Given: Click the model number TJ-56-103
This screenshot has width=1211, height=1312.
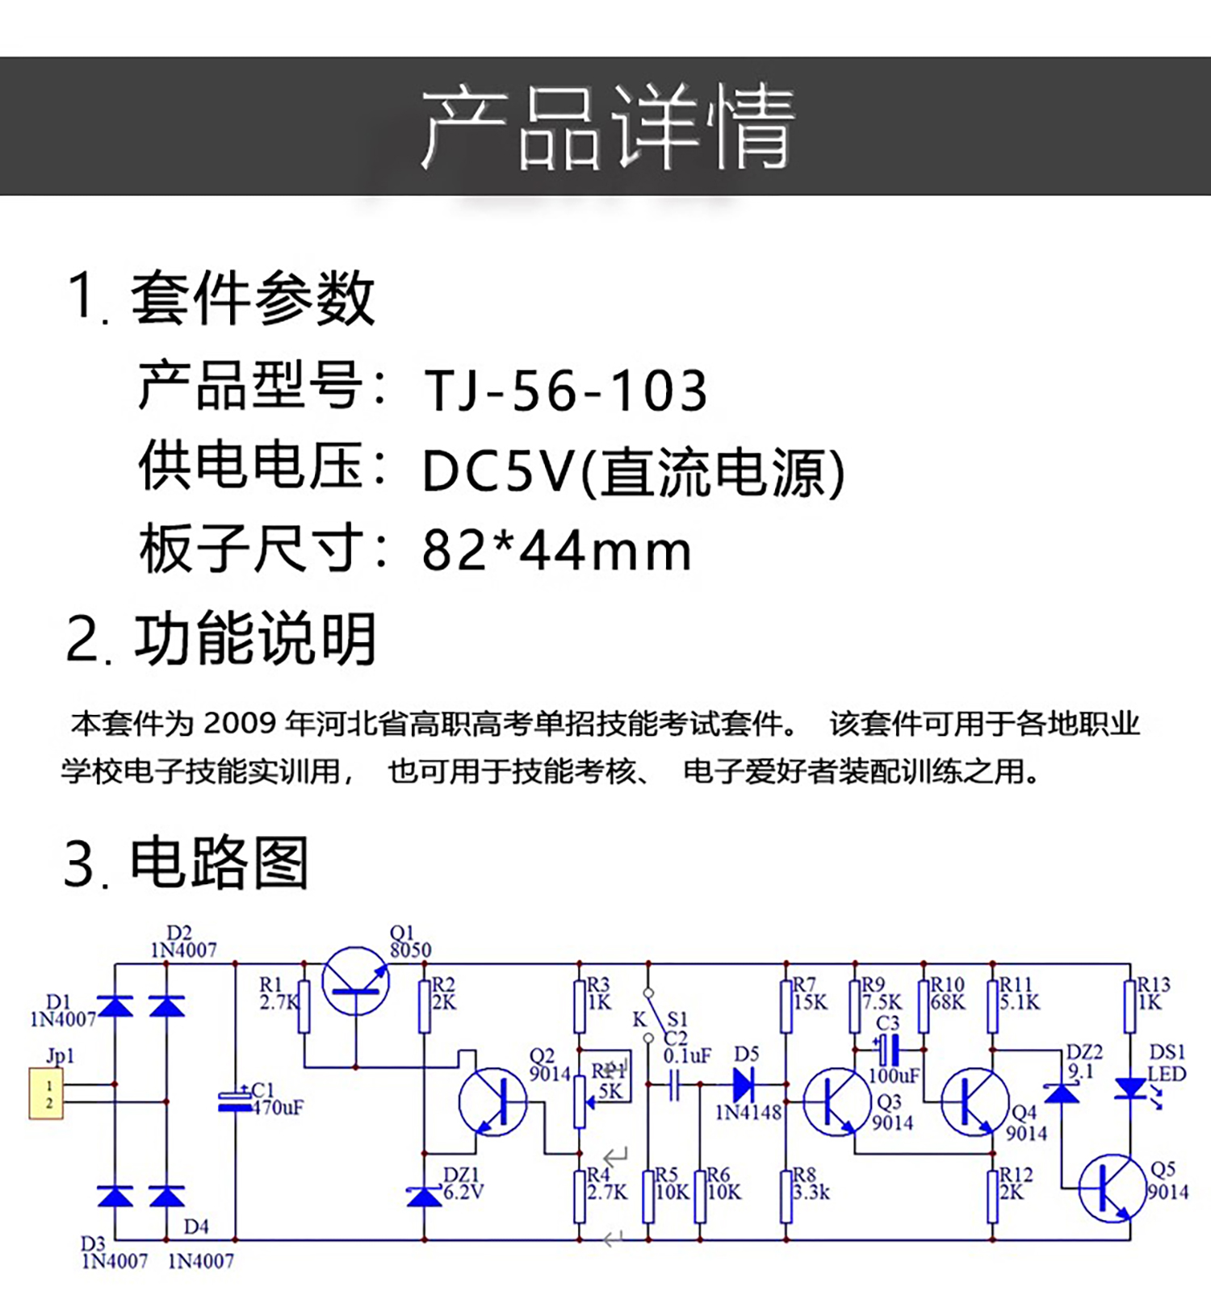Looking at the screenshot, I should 565,391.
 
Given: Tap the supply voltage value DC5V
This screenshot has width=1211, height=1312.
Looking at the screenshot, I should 497,471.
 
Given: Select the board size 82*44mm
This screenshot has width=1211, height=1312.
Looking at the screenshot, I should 556,551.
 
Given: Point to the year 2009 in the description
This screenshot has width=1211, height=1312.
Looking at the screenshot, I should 239,723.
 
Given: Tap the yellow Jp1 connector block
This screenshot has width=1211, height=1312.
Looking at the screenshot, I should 46,1094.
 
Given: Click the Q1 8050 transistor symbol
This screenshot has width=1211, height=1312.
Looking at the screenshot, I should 355,982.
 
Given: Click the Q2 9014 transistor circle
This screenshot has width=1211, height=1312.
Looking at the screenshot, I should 492,1102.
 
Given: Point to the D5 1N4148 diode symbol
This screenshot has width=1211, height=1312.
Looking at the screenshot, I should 743,1084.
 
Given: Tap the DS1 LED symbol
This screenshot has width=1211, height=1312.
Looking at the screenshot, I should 1130,1088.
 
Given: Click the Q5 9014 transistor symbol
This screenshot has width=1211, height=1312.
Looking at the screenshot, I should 1113,1188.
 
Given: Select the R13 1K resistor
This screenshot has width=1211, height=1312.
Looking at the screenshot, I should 1130,1005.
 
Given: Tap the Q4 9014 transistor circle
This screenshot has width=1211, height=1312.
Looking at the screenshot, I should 975,1102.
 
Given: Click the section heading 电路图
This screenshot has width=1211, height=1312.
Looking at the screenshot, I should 219,863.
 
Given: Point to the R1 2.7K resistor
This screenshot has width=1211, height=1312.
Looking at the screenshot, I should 304,1006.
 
